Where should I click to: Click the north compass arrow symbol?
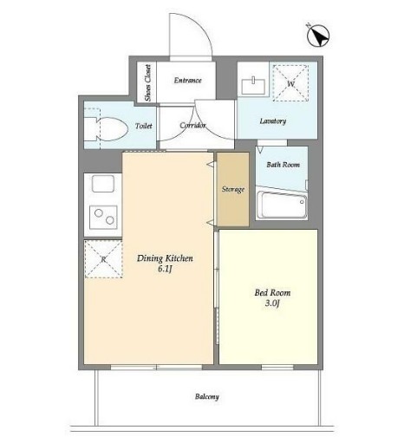(318, 36)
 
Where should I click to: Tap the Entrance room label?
(187, 80)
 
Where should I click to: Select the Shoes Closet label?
(148, 83)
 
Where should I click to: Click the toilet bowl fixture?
(106, 129)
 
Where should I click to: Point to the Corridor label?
(192, 125)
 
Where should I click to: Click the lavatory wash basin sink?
(253, 86)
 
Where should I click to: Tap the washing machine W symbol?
(290, 83)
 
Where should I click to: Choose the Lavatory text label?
(273, 121)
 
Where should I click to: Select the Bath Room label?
(283, 165)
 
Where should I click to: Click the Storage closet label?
(233, 189)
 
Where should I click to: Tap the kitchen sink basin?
(103, 184)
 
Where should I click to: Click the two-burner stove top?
(103, 217)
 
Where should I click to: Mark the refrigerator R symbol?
(103, 259)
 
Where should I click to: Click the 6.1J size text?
(165, 269)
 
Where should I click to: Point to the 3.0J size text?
(272, 303)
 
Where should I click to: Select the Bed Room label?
(272, 293)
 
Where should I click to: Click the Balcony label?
(207, 396)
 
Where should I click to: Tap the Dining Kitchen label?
(165, 258)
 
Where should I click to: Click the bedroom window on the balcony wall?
(277, 367)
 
